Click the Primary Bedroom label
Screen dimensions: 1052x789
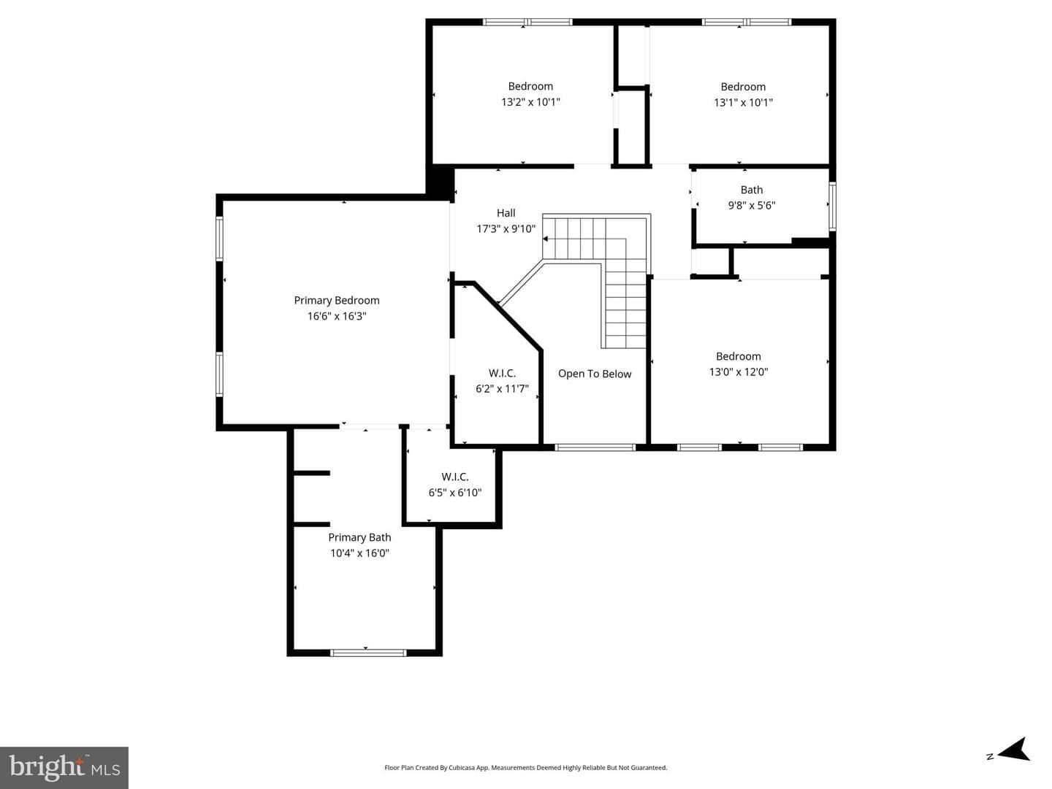(337, 300)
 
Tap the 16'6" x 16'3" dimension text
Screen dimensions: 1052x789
(337, 316)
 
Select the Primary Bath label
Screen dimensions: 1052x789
(359, 537)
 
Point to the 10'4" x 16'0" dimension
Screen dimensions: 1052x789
(359, 553)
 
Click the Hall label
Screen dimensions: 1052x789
(506, 213)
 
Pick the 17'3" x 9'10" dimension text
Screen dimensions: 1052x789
(506, 229)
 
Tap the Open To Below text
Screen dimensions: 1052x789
(595, 374)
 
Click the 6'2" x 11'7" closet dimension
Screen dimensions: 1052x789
(503, 389)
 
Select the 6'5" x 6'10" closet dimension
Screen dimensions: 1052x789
(455, 493)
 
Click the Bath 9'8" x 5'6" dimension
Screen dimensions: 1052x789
(752, 205)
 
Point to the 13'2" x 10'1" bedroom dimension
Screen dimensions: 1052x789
(530, 102)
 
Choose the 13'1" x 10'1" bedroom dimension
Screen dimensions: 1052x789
(744, 102)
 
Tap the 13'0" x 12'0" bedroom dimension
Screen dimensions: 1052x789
(739, 372)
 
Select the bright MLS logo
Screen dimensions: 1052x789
(64, 768)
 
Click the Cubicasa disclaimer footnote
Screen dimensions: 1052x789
(526, 767)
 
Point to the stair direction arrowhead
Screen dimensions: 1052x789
(546, 239)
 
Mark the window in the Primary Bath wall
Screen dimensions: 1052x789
(368, 653)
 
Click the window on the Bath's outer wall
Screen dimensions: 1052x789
(833, 207)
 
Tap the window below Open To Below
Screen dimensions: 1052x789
(595, 447)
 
